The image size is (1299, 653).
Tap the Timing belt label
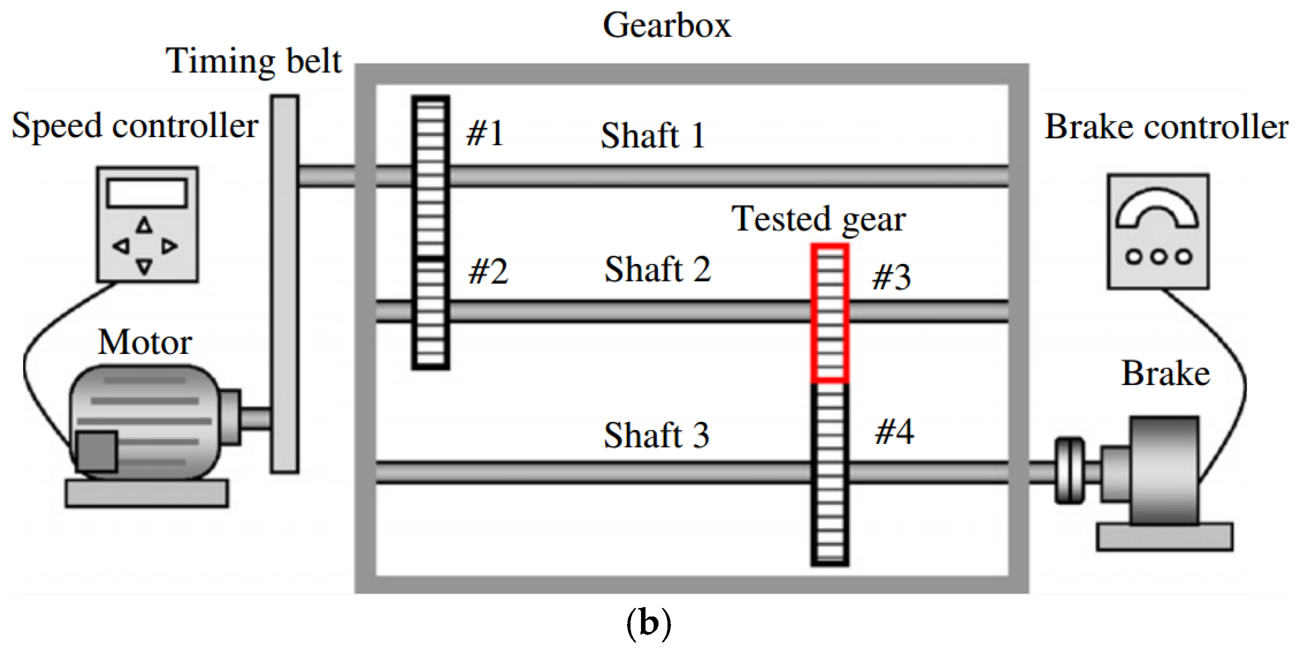(x=254, y=61)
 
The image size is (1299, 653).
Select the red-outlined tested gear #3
(x=829, y=313)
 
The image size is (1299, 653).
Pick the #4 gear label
(x=894, y=432)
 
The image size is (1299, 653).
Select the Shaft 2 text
(x=657, y=269)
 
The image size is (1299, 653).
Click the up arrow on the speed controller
(x=144, y=225)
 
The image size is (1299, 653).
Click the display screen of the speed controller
(x=147, y=193)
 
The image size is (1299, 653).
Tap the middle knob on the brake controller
(x=1159, y=257)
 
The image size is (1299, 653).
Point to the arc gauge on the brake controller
(x=1157, y=209)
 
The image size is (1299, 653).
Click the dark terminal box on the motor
(x=97, y=450)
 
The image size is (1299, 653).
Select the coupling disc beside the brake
(x=1069, y=470)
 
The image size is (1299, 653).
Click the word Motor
(x=145, y=342)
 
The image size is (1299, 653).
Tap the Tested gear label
(x=818, y=219)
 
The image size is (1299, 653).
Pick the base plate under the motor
(x=146, y=493)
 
